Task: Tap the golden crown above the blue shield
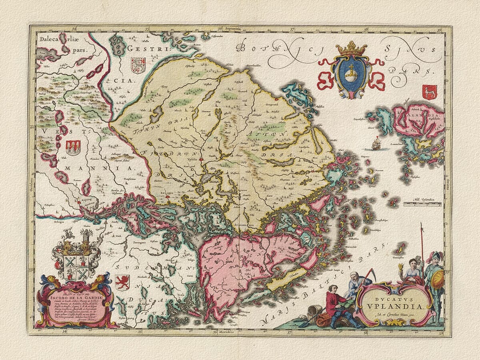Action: pos(351,48)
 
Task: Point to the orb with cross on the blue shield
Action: pos(351,74)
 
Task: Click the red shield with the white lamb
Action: pos(430,92)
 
